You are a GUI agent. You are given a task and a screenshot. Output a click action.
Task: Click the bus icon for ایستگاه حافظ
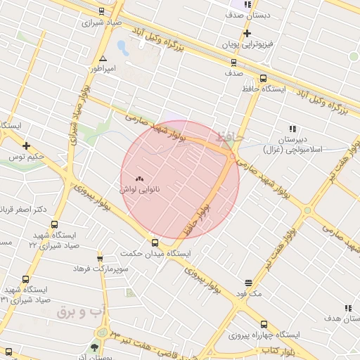(x=263, y=79)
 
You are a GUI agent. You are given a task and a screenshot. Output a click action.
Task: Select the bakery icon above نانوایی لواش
(x=139, y=179)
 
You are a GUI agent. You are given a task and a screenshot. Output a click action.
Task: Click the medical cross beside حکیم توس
(x=26, y=146)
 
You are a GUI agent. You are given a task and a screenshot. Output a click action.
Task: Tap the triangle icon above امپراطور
(x=103, y=59)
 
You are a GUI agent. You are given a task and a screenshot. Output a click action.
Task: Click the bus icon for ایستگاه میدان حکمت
(x=155, y=243)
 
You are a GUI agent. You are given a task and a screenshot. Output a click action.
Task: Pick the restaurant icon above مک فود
(x=248, y=282)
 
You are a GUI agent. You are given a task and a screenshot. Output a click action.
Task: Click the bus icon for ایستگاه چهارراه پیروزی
(x=264, y=324)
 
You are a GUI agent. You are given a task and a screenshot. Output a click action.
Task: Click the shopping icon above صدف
(x=233, y=62)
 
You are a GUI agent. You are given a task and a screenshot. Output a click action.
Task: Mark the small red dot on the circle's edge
(x=232, y=157)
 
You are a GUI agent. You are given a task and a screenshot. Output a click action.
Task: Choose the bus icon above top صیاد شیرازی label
(x=103, y=11)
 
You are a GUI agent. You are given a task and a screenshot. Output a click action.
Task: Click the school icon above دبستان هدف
(x=347, y=307)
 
